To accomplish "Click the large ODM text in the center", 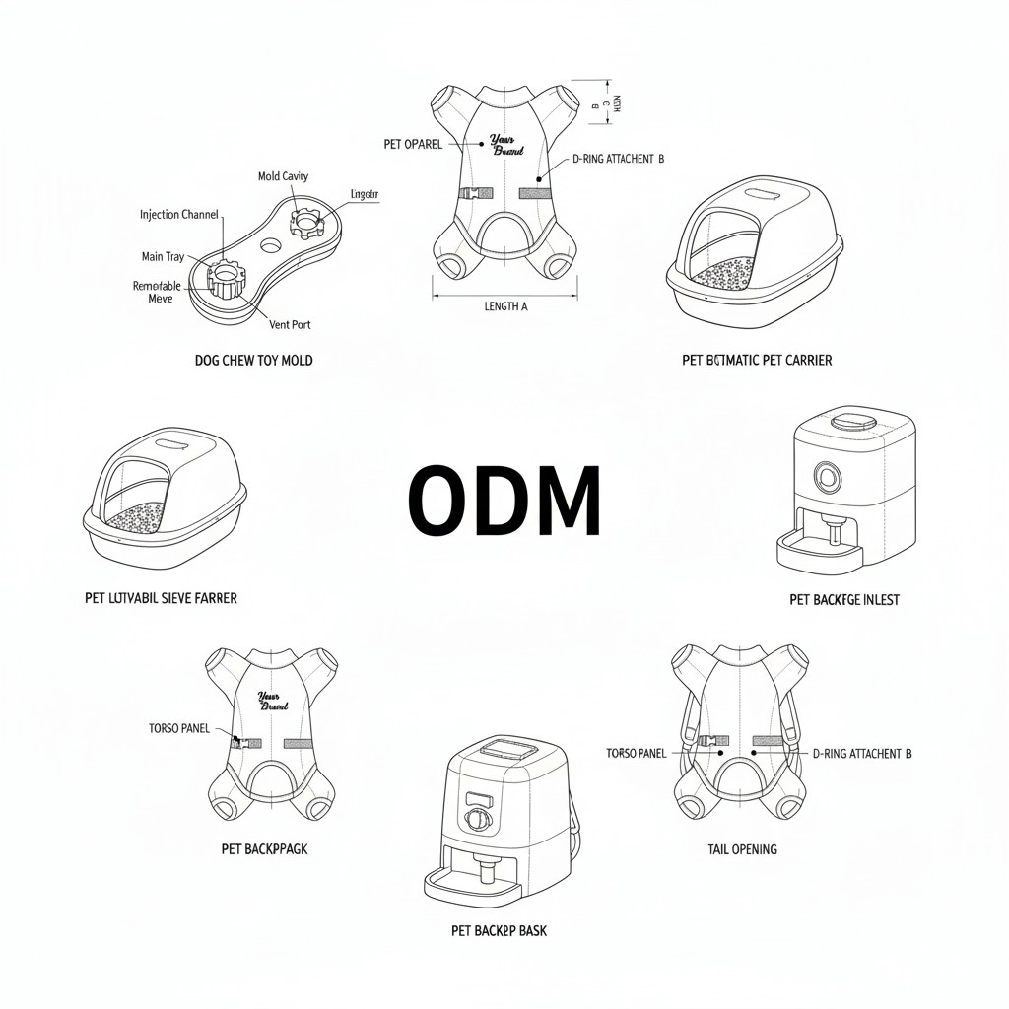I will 504,501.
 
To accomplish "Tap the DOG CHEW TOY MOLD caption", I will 254,361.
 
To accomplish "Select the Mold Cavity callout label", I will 283,176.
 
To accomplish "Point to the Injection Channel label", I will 179,215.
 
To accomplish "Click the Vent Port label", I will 290,324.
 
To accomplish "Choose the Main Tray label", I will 163,257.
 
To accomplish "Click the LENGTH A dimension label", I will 505,306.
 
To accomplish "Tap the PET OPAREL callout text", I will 413,145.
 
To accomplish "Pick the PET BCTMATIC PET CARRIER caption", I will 757,361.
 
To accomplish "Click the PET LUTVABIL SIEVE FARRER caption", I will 162,598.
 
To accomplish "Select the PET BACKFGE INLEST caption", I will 844,599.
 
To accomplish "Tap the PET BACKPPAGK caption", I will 264,848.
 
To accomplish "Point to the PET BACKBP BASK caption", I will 500,930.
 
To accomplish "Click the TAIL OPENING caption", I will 742,849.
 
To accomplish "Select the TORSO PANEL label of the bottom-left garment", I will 179,728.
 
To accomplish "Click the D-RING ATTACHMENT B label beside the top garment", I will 619,159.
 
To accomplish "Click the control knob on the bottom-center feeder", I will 477,820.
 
